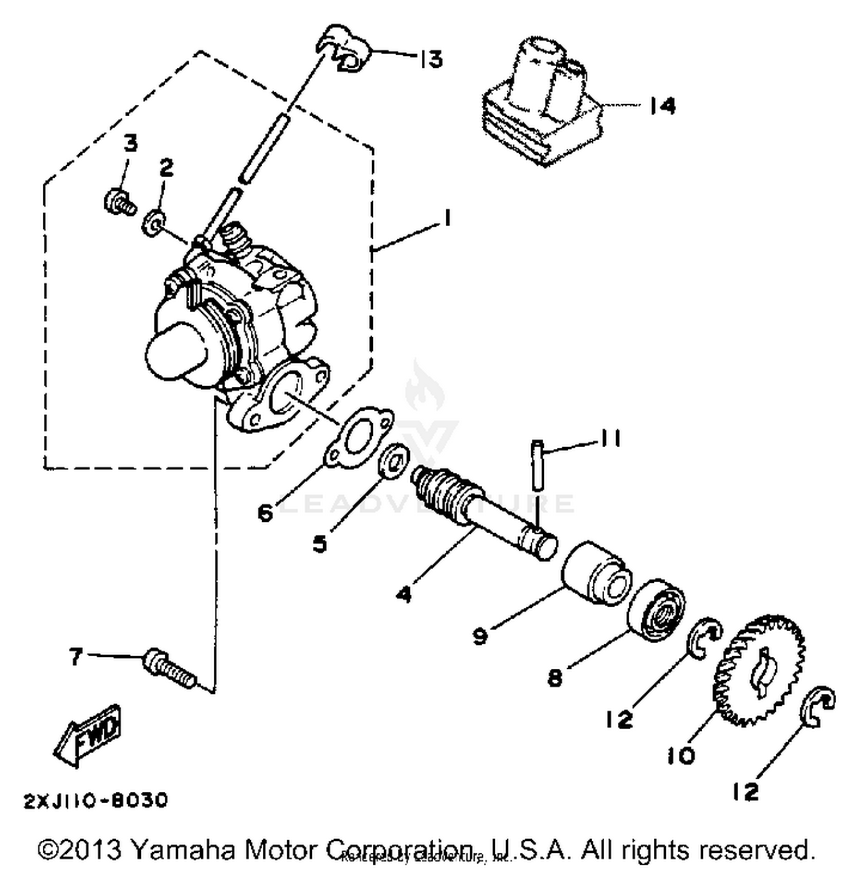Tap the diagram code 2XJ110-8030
tap(96, 800)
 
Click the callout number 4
tap(404, 595)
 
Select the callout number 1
tap(447, 218)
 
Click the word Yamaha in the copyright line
tap(186, 849)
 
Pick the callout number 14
tap(662, 106)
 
